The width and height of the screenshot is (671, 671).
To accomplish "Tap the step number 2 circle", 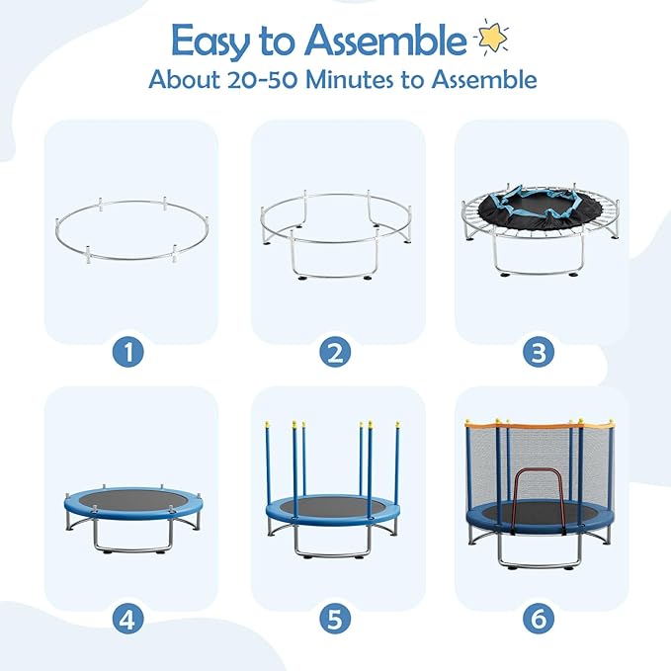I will pyautogui.click(x=337, y=351).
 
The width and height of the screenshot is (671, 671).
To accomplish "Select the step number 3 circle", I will pyautogui.click(x=540, y=351).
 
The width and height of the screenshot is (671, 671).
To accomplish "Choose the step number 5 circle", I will pyautogui.click(x=337, y=620).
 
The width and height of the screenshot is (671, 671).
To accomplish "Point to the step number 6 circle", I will pyautogui.click(x=540, y=620).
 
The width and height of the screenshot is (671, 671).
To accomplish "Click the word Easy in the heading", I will pyautogui.click(x=209, y=42).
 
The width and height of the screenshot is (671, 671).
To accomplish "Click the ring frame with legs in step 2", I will pyautogui.click(x=337, y=237).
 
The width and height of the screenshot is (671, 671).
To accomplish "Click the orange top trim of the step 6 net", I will pyautogui.click(x=539, y=424).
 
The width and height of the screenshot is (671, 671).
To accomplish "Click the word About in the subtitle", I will pyautogui.click(x=181, y=80).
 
